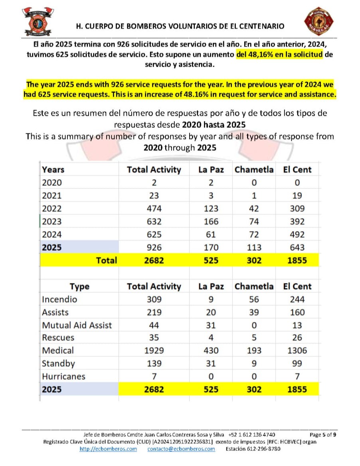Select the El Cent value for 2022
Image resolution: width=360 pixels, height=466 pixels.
coord(297,208)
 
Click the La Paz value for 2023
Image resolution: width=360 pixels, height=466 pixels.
coord(211,221)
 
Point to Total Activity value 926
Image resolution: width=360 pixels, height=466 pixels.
coord(154,247)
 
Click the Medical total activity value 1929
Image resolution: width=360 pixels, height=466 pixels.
coord(154,351)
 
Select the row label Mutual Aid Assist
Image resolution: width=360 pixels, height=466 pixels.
coord(77,325)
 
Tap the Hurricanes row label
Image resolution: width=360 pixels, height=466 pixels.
coord(63,376)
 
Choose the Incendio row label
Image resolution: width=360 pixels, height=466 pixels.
coord(59,299)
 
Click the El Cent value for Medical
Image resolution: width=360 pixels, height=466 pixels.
coord(297,351)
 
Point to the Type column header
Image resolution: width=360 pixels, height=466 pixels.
coord(79,286)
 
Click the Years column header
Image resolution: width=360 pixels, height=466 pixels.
coord(53,169)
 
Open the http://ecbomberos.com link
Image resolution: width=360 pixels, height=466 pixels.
coord(108,449)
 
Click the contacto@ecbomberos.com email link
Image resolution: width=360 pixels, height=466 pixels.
coord(181,449)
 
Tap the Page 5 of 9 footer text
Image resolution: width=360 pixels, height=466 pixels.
coord(323,434)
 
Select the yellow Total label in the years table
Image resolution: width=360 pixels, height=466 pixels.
coord(107,260)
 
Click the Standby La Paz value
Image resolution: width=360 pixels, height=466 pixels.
coord(211,363)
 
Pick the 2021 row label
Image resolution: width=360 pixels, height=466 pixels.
coord(52,196)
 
